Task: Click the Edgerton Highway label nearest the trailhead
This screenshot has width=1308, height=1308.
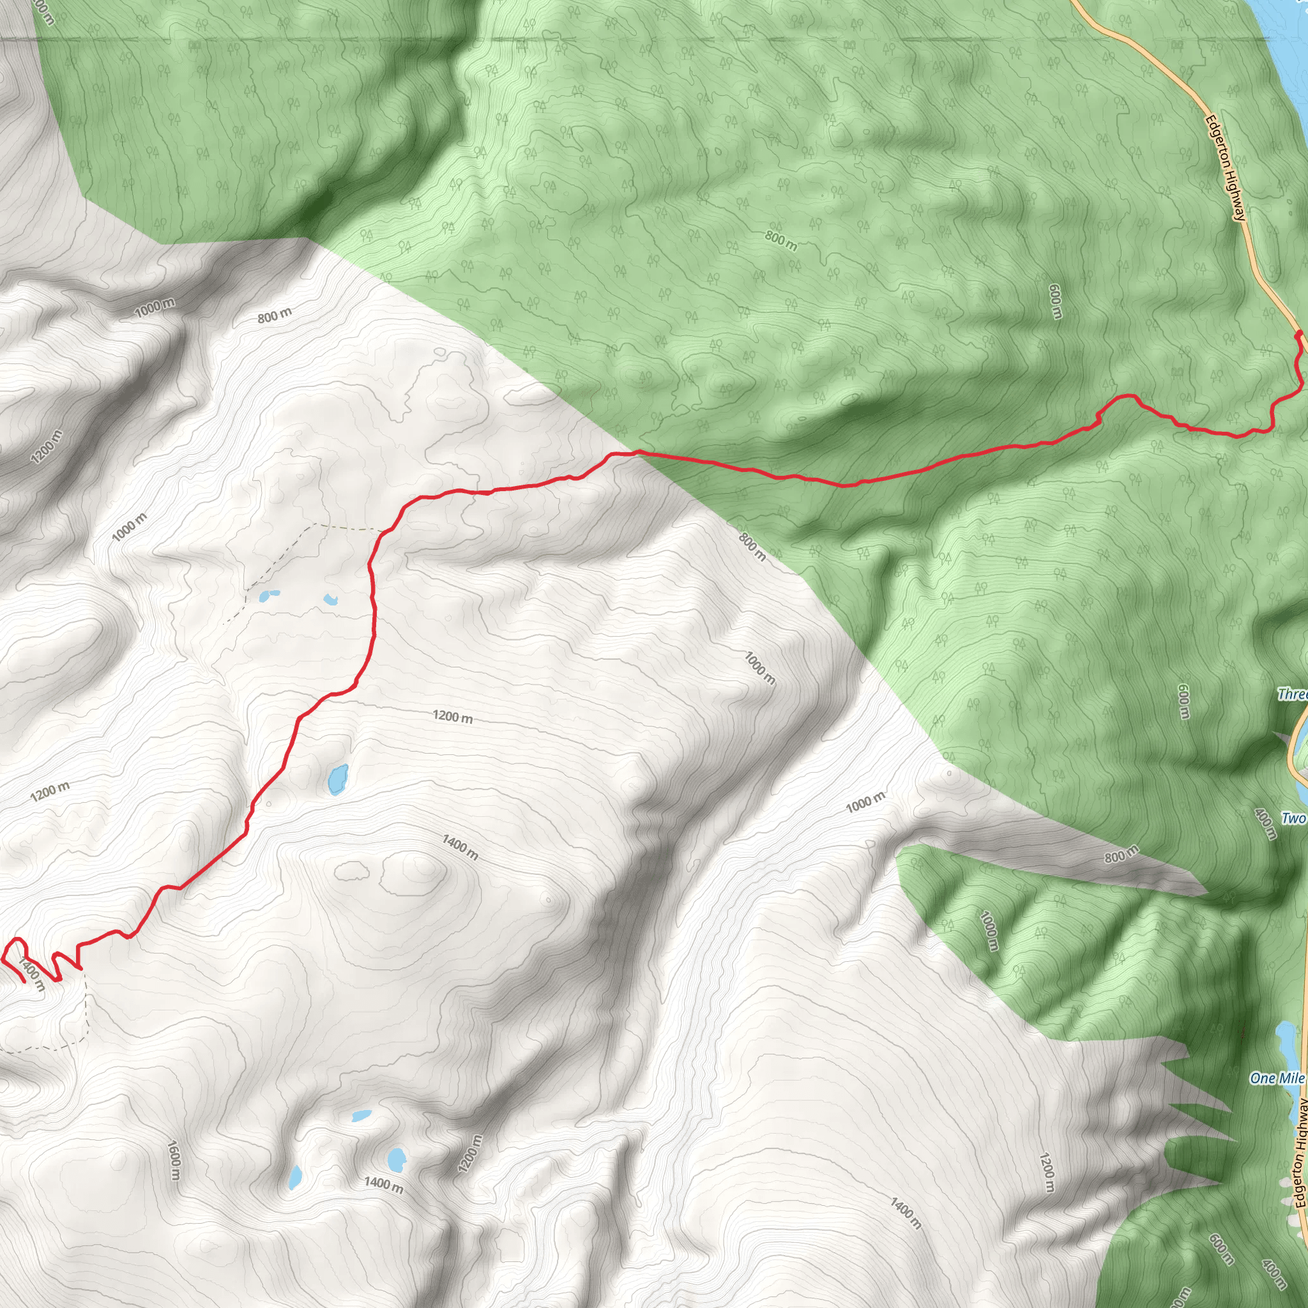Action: [x=1226, y=168]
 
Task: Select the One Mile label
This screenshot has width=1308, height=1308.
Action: [x=1277, y=1078]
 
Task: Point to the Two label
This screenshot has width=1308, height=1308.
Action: [x=1293, y=819]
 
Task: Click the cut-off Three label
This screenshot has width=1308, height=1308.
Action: [x=1292, y=694]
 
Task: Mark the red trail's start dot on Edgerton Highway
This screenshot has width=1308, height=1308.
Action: [x=1298, y=335]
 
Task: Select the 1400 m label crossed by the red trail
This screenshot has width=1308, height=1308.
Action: [x=32, y=975]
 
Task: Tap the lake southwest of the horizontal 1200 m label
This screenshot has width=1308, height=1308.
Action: [x=337, y=780]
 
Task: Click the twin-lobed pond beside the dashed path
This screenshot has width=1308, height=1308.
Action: [x=269, y=596]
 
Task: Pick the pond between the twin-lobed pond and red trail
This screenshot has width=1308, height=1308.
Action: [x=330, y=598]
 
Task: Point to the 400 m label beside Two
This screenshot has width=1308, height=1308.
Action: [x=1265, y=823]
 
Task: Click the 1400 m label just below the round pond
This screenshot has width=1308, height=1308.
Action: [x=383, y=1183]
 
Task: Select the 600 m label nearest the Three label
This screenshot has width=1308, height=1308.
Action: [x=1183, y=702]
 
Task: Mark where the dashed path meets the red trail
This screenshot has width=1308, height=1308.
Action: [x=387, y=530]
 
